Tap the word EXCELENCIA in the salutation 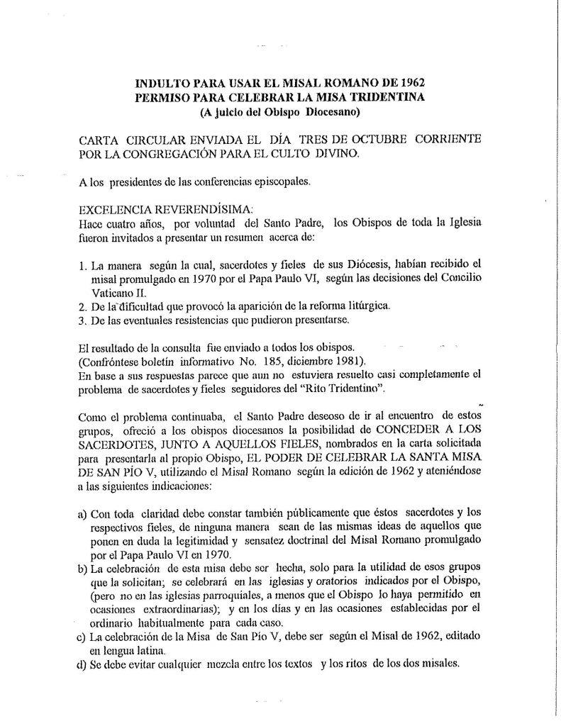(116, 211)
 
